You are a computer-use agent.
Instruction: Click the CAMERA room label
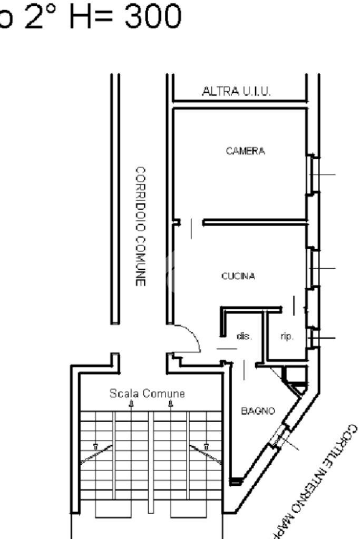click(x=245, y=151)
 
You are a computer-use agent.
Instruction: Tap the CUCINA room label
click(x=238, y=276)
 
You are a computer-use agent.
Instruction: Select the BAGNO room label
click(x=258, y=411)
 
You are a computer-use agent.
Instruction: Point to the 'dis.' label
click(x=244, y=336)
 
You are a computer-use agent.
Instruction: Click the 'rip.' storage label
click(x=286, y=336)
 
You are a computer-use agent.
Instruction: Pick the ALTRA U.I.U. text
click(x=237, y=92)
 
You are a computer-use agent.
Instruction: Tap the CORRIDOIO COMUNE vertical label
click(x=140, y=227)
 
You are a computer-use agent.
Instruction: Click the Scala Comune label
click(x=147, y=393)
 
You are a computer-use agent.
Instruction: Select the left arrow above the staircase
click(x=131, y=404)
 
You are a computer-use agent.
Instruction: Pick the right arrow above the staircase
click(x=171, y=404)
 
